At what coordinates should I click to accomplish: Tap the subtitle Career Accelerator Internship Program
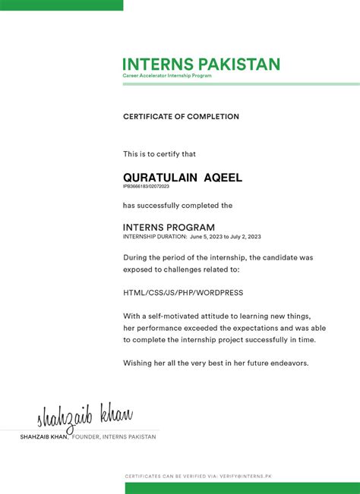tap(167, 76)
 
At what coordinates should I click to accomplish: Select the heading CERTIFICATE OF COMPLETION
tap(181, 117)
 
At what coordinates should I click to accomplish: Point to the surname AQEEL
tap(223, 177)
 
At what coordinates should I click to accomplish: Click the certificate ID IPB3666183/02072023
tap(146, 186)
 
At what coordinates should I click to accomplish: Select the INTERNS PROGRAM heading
tap(169, 227)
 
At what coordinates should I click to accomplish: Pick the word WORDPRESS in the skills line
tap(219, 292)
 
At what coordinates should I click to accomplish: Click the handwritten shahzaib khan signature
tap(85, 417)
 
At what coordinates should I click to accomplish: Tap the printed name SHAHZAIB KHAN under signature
tap(44, 437)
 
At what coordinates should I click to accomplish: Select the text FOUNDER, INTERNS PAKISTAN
tap(114, 437)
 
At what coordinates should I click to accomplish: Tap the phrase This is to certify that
tap(159, 154)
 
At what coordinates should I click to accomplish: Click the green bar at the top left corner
tap(61, 5)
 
